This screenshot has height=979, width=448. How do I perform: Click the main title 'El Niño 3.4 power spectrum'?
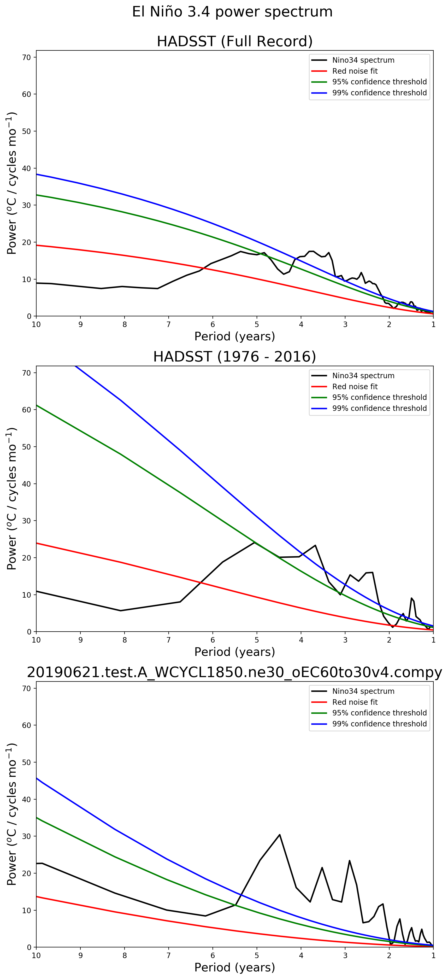coord(232,12)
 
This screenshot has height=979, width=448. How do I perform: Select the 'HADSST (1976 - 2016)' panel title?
coord(234,357)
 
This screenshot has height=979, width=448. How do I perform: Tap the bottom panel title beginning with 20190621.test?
coord(234,672)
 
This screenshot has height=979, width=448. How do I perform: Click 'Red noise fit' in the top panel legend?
coord(355,71)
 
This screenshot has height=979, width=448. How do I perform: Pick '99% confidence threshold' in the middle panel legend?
coord(379,408)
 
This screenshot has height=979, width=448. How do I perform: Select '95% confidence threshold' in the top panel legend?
coord(379,82)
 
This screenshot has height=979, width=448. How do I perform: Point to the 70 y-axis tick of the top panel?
coord(27,57)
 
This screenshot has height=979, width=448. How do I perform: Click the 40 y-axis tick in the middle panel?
coord(27,484)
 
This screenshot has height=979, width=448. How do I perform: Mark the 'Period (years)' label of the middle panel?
coord(234,652)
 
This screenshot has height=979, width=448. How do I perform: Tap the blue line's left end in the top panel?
coord(37,174)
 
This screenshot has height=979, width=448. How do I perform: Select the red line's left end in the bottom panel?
coord(37,896)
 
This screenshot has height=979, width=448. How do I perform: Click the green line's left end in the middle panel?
coord(37,405)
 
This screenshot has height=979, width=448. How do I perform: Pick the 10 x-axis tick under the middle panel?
coord(36,640)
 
